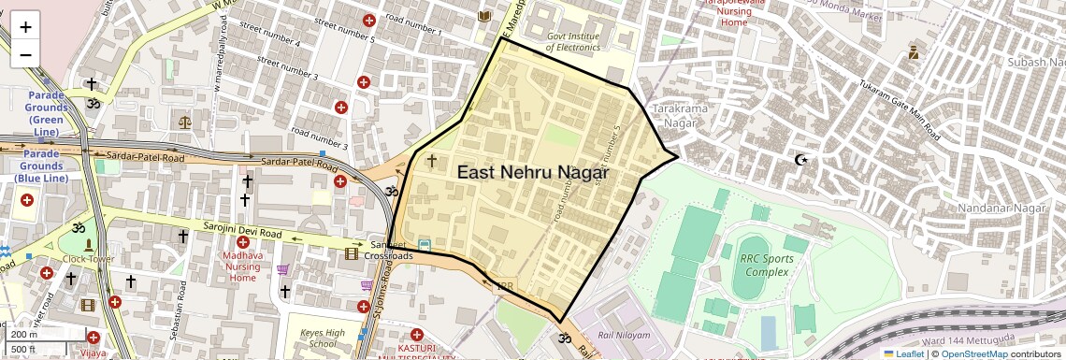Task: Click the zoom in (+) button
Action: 25,26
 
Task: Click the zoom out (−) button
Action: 25,54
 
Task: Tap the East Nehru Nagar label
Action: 533,173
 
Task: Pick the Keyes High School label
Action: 323,338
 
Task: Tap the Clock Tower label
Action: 89,259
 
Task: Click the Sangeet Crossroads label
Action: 388,250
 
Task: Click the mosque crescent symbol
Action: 800,160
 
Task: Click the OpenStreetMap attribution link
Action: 973,354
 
